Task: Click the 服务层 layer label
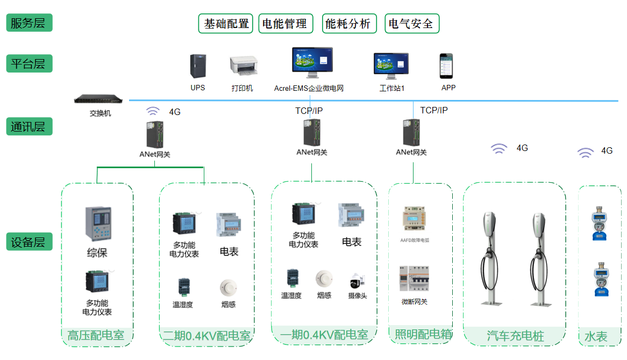29,23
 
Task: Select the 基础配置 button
226,24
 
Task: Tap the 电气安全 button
411,24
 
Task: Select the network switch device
101,99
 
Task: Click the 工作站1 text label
391,88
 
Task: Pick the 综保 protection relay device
97,225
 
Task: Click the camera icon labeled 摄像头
357,281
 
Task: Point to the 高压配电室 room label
96,336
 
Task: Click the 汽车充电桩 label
515,336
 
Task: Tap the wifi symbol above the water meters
586,153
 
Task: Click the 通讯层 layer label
29,127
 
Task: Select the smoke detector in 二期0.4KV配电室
228,287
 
